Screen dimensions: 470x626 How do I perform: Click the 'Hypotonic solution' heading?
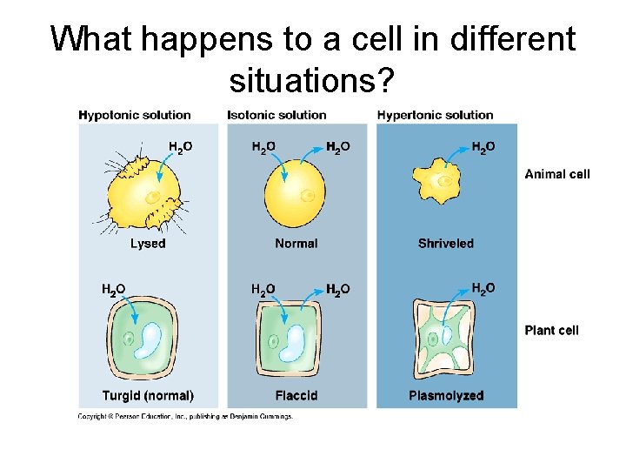[x=134, y=115]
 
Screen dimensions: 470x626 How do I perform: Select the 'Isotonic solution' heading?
[x=276, y=115]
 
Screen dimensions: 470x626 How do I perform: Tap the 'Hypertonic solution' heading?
[x=435, y=115]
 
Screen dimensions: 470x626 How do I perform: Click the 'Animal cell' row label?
[x=556, y=174]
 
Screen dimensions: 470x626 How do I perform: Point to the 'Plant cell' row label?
[x=551, y=330]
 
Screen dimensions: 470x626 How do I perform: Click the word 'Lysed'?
[x=148, y=244]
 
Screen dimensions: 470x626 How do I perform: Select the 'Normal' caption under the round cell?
[x=296, y=244]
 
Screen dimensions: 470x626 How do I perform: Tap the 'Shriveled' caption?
[x=445, y=244]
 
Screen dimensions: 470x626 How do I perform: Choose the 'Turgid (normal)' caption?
[x=148, y=396]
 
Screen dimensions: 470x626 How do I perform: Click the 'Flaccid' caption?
[x=296, y=396]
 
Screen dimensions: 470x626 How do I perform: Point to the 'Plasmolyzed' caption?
[x=445, y=396]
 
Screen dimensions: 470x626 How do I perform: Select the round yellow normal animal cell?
[x=296, y=193]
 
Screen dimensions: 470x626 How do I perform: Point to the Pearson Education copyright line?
[x=185, y=416]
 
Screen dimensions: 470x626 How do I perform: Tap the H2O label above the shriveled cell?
[x=483, y=147]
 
